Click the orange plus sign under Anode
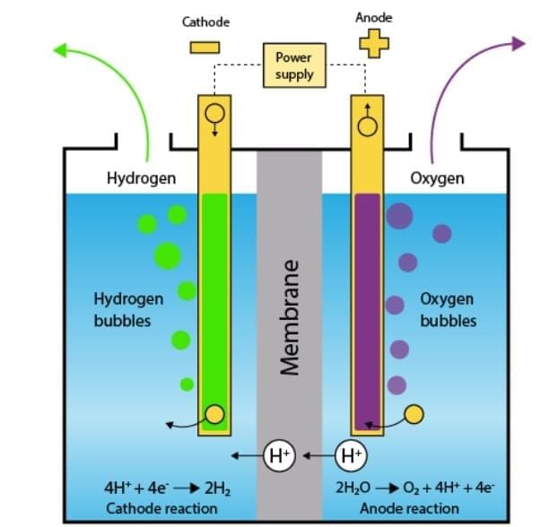click(x=373, y=43)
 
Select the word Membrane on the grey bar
click(x=289, y=318)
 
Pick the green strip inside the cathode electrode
click(x=213, y=305)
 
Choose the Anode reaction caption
click(x=396, y=508)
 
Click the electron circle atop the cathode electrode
click(x=214, y=114)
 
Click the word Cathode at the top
click(x=205, y=22)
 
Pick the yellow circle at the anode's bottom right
click(x=414, y=414)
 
